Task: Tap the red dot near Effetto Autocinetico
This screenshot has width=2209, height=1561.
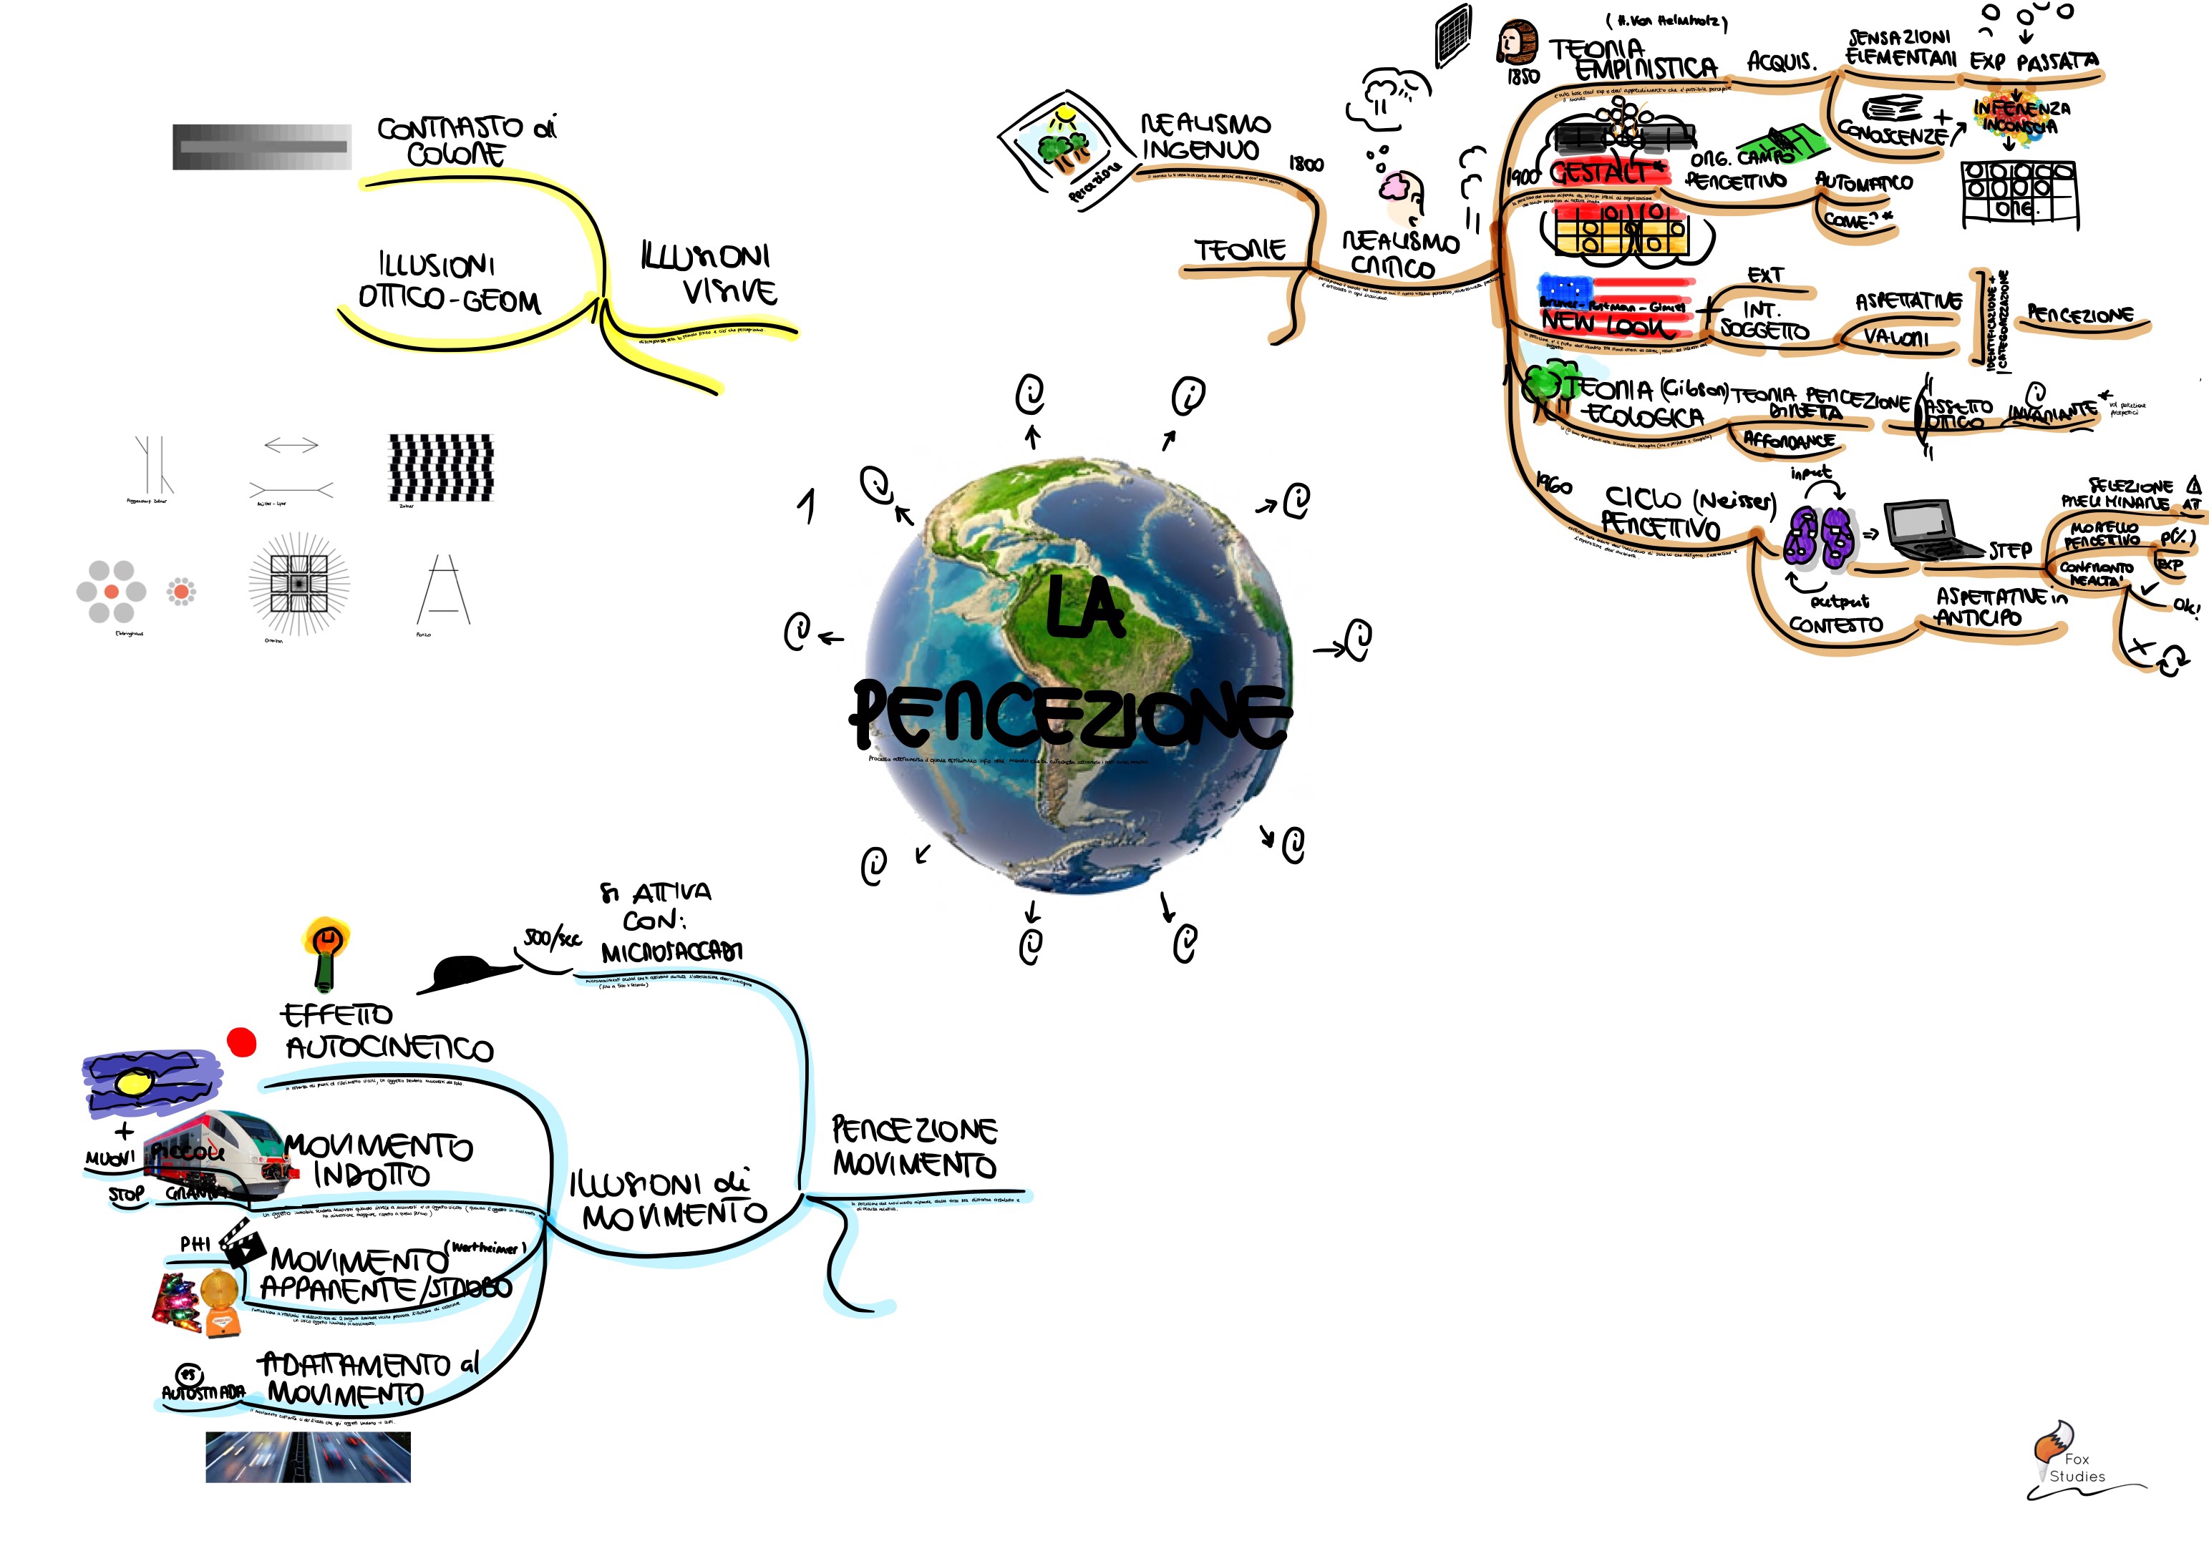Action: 241,1042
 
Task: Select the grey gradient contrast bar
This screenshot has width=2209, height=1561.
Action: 262,147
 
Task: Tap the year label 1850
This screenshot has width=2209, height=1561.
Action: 1523,76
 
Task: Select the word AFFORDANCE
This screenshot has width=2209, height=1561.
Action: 1789,441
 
